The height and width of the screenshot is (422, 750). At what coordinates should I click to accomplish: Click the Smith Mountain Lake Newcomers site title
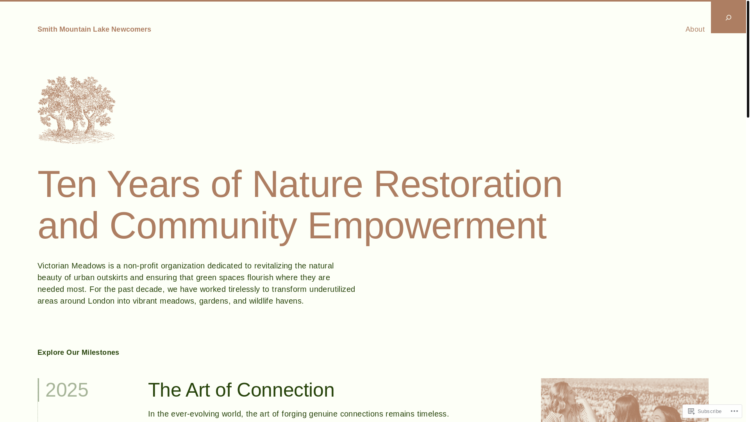[x=94, y=29]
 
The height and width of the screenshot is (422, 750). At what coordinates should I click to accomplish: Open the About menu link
[x=695, y=29]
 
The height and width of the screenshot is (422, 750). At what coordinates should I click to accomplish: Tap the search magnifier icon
[x=729, y=18]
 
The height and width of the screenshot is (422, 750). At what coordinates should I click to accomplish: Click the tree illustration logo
[x=77, y=110]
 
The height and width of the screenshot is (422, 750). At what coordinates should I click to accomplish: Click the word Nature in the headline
[x=307, y=184]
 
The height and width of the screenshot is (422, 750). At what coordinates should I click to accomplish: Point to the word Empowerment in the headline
[x=427, y=225]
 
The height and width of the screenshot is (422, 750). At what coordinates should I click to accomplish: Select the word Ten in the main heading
[x=67, y=184]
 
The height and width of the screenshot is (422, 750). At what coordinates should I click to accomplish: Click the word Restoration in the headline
[x=468, y=184]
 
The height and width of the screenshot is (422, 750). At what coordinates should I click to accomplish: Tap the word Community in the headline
[x=203, y=225]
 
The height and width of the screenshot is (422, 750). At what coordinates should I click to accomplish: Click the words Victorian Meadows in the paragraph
[x=71, y=266]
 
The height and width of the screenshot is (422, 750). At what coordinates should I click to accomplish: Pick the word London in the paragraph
[x=101, y=301]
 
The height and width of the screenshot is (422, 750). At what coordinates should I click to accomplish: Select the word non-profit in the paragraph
[x=141, y=266]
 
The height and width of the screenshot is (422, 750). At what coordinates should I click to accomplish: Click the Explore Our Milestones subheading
[x=78, y=352]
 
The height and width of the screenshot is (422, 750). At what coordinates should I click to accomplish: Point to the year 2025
[x=67, y=390]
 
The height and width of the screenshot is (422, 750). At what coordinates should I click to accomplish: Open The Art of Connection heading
[x=241, y=390]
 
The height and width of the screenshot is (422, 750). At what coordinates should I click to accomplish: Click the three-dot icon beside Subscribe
[x=734, y=411]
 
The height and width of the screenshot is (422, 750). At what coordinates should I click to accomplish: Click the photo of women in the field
[x=625, y=400]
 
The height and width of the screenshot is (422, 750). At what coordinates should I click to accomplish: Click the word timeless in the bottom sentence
[x=433, y=414]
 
